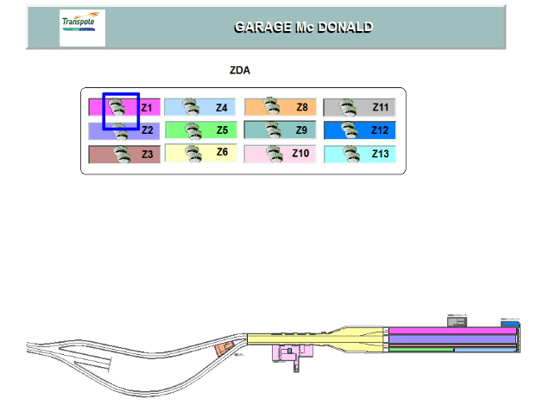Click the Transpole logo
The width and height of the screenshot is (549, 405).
pyautogui.click(x=82, y=27)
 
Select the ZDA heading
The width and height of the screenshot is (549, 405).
pyautogui.click(x=240, y=71)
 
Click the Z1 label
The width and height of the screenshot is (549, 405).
pyautogui.click(x=147, y=108)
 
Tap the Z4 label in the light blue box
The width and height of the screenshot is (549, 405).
pyautogui.click(x=222, y=108)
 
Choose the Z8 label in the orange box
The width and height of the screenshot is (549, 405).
pyautogui.click(x=301, y=108)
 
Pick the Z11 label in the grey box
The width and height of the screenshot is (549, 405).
pyautogui.click(x=381, y=108)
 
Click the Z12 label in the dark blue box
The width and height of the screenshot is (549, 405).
pyautogui.click(x=381, y=130)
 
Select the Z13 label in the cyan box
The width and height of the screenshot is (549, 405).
pyautogui.click(x=381, y=154)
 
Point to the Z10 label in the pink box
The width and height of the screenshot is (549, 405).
pyautogui.click(x=300, y=154)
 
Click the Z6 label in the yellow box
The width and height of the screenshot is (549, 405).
pyautogui.click(x=222, y=153)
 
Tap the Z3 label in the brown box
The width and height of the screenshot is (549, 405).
pyautogui.click(x=147, y=155)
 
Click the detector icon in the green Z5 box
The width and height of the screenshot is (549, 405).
pyautogui.click(x=192, y=130)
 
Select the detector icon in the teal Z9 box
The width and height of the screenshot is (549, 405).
pyautogui.click(x=272, y=130)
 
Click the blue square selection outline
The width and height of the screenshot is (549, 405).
pyautogui.click(x=104, y=111)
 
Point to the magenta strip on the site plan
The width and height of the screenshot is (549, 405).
pyautogui.click(x=449, y=331)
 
